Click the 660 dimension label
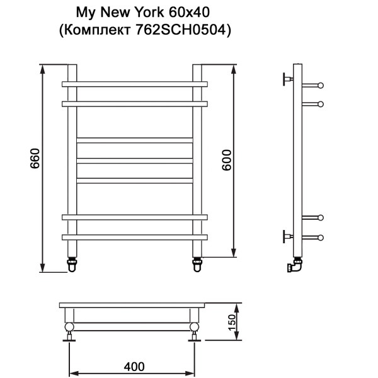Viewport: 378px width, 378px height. (35, 162)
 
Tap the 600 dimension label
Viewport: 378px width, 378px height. (227, 161)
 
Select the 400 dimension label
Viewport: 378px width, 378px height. (134, 366)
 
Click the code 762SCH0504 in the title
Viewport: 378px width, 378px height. (183, 29)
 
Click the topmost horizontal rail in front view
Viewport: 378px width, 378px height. (134, 84)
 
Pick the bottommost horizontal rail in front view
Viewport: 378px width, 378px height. (134, 237)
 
